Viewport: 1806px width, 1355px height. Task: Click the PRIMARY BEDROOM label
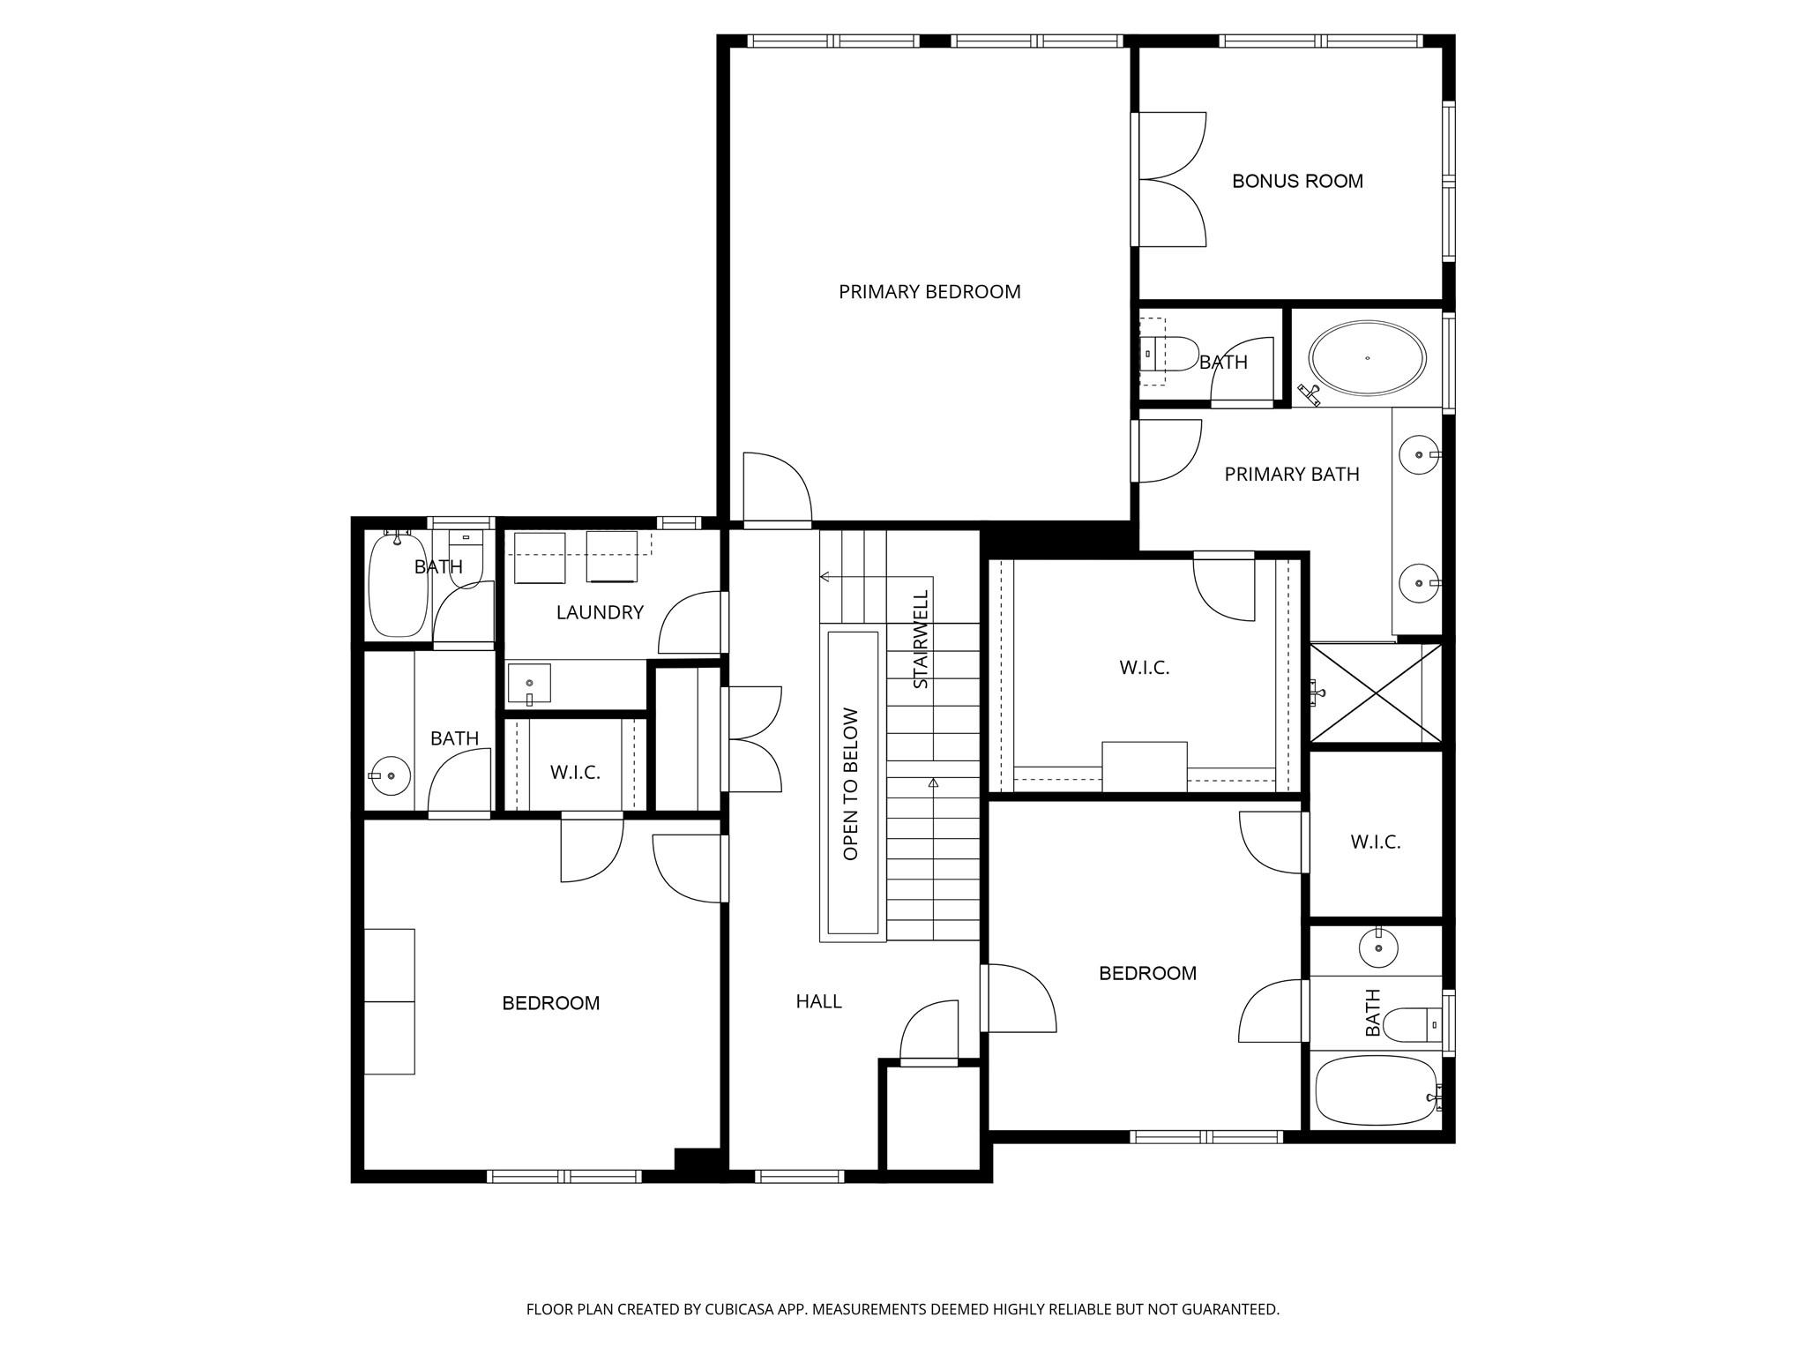point(929,292)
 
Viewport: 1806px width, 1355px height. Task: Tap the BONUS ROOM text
point(1297,182)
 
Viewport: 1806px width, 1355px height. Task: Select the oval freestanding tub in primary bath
point(1366,358)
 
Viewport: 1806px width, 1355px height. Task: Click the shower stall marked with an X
point(1376,692)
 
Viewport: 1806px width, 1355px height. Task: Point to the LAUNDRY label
point(600,612)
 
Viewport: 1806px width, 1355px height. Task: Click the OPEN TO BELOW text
point(851,783)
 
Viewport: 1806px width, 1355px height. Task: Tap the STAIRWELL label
point(921,639)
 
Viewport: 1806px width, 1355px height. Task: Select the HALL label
point(818,1001)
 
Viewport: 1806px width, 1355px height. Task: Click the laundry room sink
point(529,684)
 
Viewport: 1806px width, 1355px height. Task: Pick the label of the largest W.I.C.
point(1145,668)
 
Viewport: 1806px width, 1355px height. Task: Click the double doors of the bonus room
point(1171,179)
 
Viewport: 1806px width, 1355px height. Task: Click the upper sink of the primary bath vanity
point(1419,455)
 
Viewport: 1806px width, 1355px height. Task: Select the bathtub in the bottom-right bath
point(1376,1091)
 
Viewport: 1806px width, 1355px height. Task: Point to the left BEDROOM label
point(550,1003)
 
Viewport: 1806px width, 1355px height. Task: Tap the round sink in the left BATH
point(390,775)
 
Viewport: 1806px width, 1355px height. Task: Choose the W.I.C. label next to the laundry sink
point(575,773)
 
